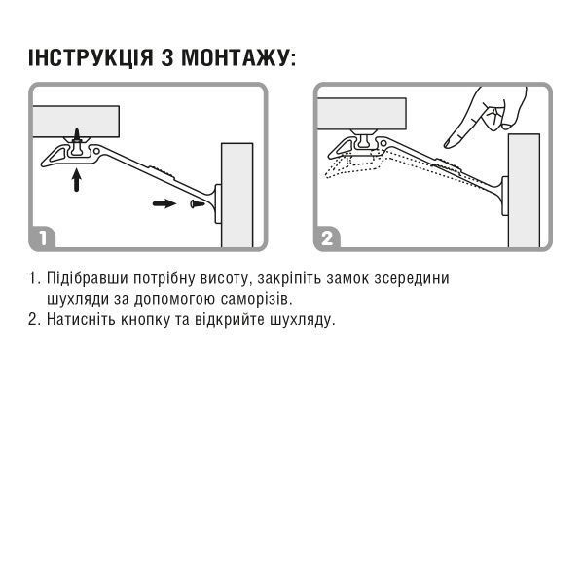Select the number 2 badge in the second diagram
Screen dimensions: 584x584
click(327, 237)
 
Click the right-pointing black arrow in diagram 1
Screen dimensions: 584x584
click(166, 203)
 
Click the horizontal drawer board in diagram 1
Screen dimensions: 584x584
click(76, 121)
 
